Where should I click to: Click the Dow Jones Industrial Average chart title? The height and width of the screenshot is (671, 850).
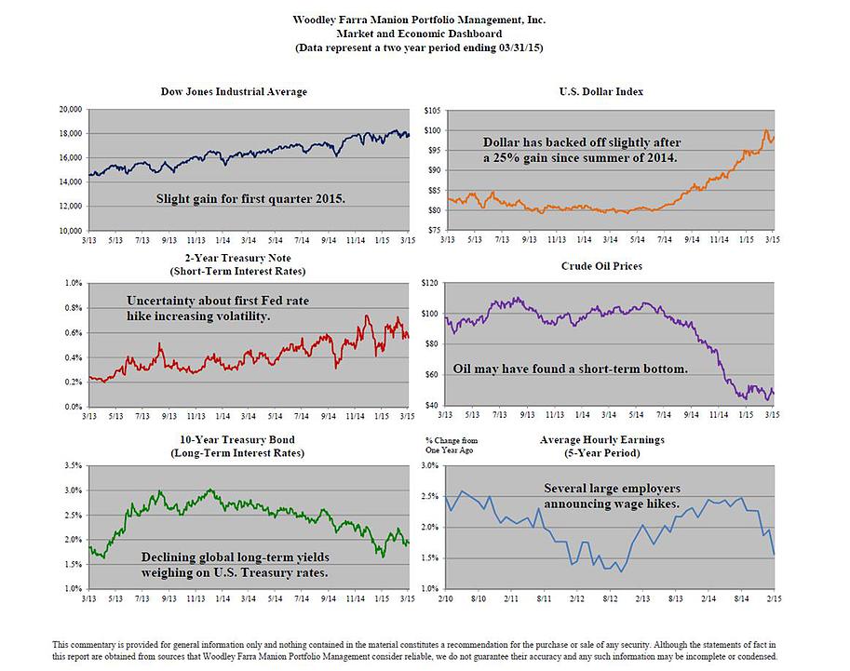pos(234,91)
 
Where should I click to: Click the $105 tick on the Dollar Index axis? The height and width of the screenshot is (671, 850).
pos(430,110)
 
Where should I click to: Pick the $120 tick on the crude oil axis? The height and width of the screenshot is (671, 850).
pos(430,282)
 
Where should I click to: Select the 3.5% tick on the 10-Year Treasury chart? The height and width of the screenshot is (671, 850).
pos(72,464)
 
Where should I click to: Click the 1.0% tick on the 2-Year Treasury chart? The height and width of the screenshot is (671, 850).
pos(72,282)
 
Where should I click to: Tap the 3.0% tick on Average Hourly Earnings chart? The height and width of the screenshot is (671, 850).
pos(430,464)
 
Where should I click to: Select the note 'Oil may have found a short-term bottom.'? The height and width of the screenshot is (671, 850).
pos(570,369)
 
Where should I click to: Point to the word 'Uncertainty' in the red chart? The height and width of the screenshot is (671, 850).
pos(165,301)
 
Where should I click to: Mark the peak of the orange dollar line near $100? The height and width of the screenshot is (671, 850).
pos(765,130)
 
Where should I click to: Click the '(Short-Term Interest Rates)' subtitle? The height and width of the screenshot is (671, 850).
pos(234,271)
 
